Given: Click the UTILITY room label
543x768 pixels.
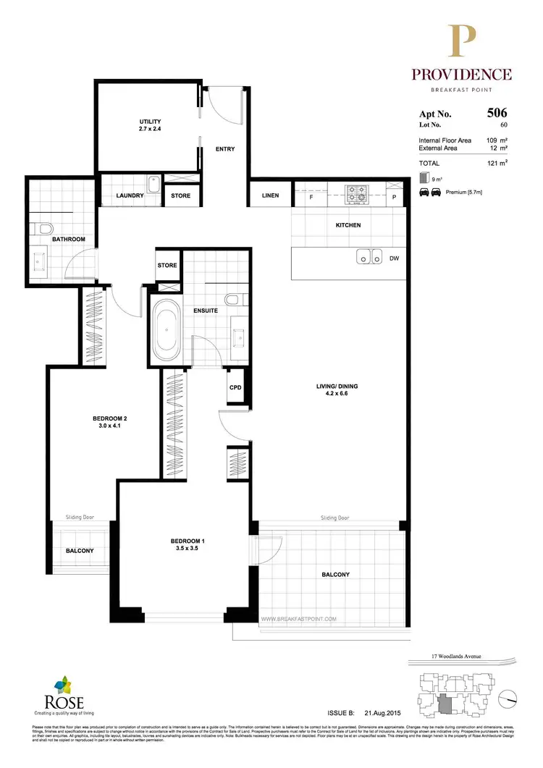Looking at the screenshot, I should [x=150, y=122].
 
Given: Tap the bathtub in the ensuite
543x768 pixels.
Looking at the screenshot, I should [x=167, y=328].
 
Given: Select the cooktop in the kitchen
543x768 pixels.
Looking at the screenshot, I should [x=357, y=194].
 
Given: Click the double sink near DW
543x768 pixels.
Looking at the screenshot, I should [x=369, y=257].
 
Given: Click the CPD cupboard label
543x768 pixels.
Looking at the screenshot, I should [x=235, y=387].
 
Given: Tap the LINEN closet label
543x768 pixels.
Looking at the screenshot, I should [x=270, y=195].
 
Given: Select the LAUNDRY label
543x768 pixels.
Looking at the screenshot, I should [x=131, y=195].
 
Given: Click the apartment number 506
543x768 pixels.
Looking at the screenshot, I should [x=497, y=112].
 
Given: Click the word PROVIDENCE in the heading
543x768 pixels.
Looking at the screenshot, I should [x=462, y=75].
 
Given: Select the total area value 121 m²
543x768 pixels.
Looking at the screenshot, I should [x=496, y=164].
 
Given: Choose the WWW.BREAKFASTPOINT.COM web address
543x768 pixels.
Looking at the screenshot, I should [x=298, y=619].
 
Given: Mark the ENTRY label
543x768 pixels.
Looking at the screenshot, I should [x=225, y=150].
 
